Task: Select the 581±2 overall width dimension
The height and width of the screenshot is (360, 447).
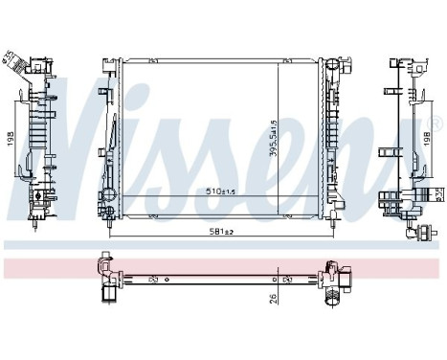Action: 222,231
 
